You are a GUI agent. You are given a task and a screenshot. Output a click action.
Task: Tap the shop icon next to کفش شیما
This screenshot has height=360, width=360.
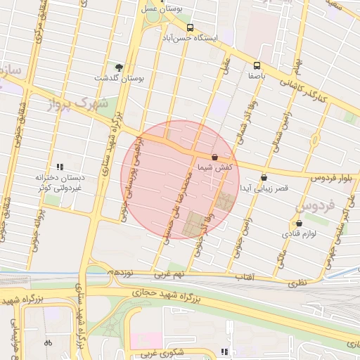click(214, 157)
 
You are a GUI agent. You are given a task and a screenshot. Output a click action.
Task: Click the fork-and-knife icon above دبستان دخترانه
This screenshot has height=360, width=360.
click(60, 167)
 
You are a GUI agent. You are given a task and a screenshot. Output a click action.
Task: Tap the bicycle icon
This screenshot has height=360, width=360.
click(48, 343)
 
